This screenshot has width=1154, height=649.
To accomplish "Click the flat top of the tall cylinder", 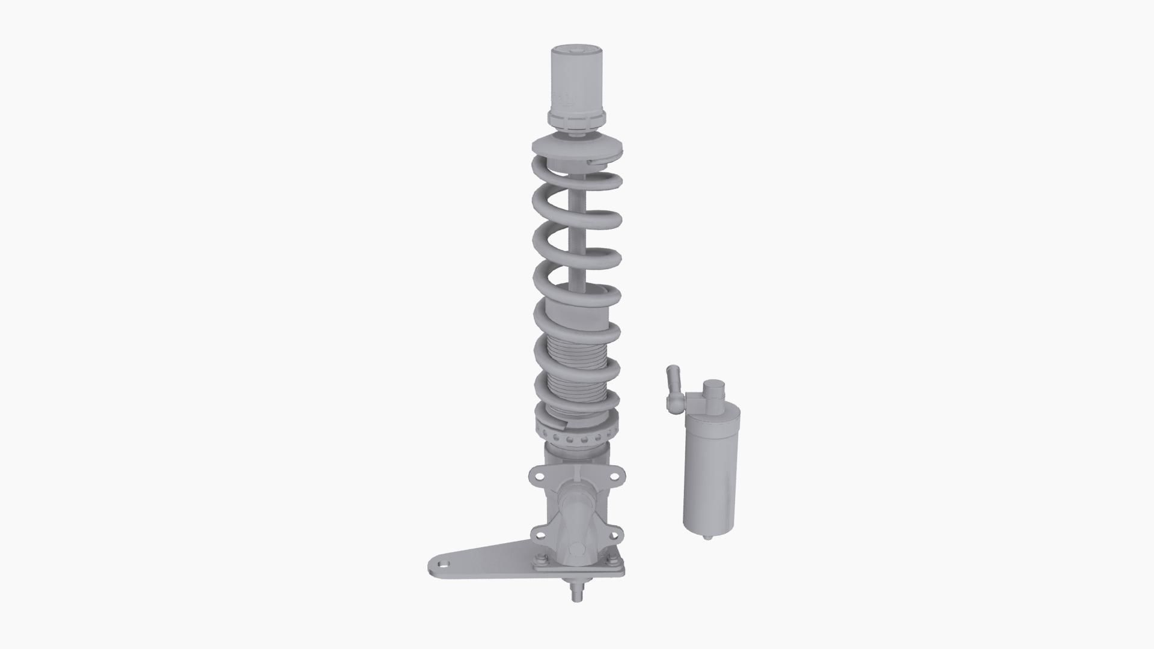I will click(x=576, y=50).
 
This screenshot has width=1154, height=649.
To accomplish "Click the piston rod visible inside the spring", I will click(x=576, y=240).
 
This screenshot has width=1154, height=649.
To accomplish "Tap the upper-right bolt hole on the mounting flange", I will click(x=614, y=476).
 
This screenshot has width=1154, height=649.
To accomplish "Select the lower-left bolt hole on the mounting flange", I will click(x=539, y=532).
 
